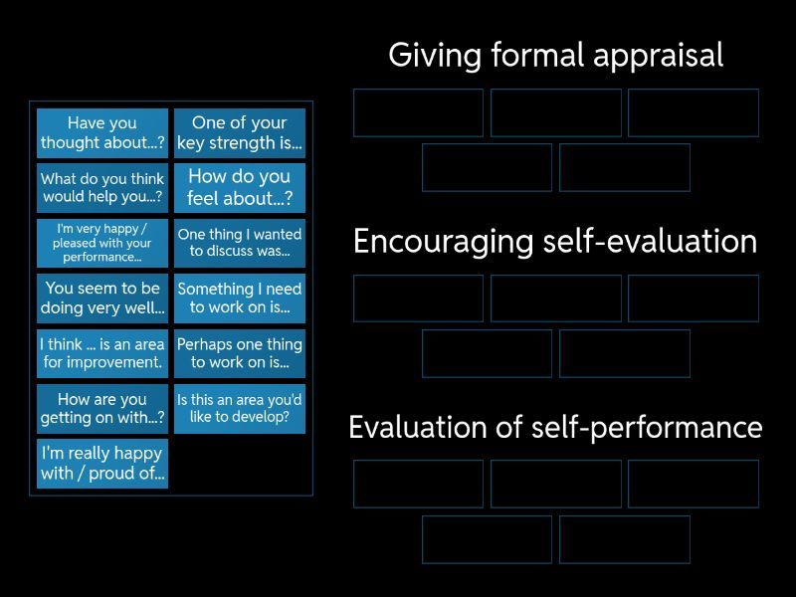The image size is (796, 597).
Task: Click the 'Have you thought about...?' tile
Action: point(102,133)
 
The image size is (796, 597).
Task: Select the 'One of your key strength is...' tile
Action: point(240,133)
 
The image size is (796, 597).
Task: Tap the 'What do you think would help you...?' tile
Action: point(102,188)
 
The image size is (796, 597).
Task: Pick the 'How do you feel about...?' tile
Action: point(240,188)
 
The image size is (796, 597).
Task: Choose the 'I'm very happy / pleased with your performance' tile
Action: point(102,243)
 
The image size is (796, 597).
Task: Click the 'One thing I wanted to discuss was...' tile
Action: point(240,243)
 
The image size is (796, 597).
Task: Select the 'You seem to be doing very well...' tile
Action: point(102,298)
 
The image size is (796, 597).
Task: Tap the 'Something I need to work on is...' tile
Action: point(240,298)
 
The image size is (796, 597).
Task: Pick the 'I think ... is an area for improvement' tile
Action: point(102,353)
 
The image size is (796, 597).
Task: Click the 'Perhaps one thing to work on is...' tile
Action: point(240,353)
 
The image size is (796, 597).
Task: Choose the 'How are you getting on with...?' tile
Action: point(102,408)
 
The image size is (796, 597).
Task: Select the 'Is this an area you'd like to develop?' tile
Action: point(240,408)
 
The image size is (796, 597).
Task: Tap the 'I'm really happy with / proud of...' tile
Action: point(102,463)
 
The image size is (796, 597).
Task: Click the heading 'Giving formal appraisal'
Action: point(555,56)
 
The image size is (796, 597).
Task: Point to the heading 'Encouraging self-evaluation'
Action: point(555,242)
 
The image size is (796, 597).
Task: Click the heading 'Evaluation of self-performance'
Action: point(555,428)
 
